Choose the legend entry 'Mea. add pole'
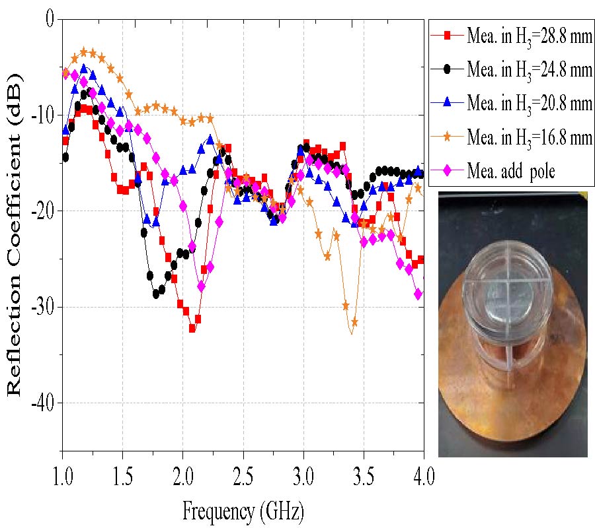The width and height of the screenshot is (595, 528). (x=502, y=171)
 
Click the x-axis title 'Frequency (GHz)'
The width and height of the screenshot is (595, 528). (x=242, y=510)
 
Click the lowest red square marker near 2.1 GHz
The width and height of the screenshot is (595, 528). (x=192, y=328)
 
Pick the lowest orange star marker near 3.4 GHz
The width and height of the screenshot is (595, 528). (x=354, y=322)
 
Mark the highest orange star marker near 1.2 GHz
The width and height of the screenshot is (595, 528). (x=84, y=51)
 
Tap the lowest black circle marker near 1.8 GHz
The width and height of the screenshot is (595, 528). (x=157, y=294)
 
